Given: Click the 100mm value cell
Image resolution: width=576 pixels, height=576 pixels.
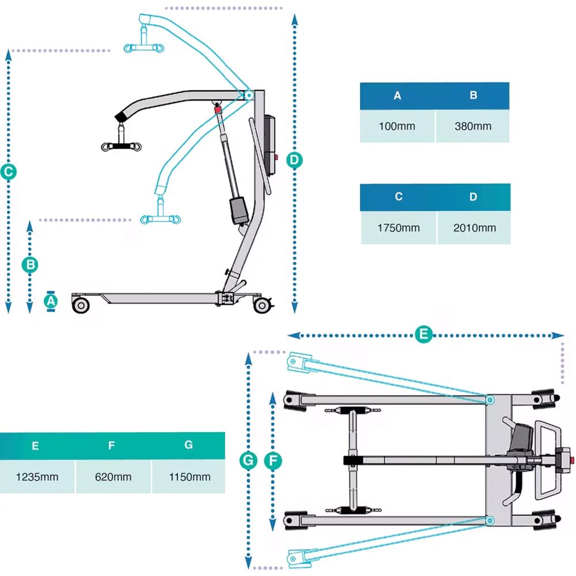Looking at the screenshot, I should (397, 126).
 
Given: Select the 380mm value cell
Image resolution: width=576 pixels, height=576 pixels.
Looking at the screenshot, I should (473, 126).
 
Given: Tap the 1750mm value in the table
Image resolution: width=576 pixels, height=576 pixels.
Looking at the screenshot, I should (399, 228).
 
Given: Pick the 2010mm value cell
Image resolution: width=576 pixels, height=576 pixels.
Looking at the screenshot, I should (474, 228).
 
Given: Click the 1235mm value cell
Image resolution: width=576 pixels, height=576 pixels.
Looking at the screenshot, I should (36, 477).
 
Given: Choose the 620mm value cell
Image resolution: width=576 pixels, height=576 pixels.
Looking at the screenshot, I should (113, 477).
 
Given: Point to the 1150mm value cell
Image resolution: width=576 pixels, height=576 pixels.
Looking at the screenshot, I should (189, 477).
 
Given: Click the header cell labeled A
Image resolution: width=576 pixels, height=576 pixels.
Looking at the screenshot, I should (397, 96).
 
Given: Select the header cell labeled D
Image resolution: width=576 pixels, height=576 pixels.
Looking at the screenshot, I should (473, 197).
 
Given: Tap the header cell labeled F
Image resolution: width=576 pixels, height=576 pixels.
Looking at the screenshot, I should (112, 445).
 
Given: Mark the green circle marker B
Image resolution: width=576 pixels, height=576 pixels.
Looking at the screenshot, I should (31, 264).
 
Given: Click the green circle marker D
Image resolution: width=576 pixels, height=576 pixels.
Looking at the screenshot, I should (294, 159).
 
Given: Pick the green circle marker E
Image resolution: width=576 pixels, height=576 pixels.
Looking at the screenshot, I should (423, 334).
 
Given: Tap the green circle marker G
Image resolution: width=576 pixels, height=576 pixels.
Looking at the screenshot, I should (248, 460).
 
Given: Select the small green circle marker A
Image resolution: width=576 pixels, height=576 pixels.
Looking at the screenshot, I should (51, 301).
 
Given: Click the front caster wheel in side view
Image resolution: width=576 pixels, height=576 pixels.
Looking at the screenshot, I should (81, 305).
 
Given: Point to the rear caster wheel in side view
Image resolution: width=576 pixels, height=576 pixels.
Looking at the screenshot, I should (263, 305).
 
